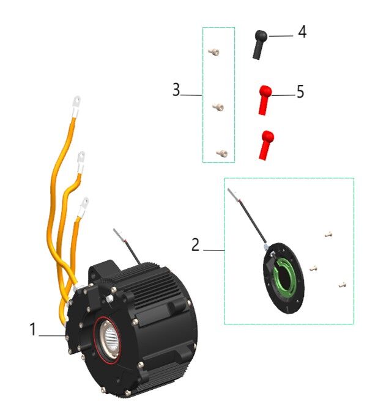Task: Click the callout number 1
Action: coord(33,330)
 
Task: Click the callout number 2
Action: coord(196,245)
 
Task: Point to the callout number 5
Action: coord(300,92)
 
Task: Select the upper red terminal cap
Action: coord(264,100)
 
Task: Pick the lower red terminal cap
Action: coord(266,144)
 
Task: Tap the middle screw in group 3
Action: coord(218,108)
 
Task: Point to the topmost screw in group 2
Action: coord(328,233)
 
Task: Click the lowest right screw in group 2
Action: coord(343,284)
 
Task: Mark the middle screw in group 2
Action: coord(313,268)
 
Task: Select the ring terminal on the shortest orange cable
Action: coord(84,202)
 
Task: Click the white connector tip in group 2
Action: coord(233,194)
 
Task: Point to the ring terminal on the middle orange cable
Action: coord(81,160)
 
